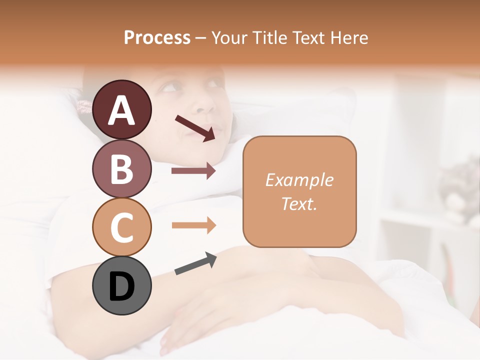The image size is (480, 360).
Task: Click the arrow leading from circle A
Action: pos(195,127)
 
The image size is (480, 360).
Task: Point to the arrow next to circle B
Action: pos(193,171)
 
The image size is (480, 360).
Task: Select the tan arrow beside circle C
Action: pos(193,225)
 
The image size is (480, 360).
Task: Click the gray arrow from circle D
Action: pos(195,263)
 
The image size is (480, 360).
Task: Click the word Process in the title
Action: pos(157,37)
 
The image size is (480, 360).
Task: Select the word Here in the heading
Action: pos(349,37)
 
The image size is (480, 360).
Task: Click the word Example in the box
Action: pos(299,180)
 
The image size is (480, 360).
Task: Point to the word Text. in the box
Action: pos(299,203)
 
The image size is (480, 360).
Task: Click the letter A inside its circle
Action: pos(122,110)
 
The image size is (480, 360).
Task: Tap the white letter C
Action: pos(122,227)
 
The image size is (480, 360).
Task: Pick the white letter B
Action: pos(122,168)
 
